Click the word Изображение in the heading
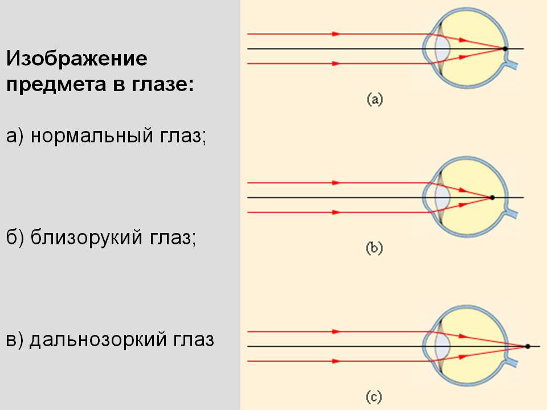tap(77, 59)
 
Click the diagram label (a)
tap(374, 100)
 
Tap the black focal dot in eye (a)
tap(505, 49)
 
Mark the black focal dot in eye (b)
tap(492, 198)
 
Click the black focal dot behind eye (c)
tap(528, 346)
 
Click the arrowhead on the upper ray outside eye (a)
tap(336, 34)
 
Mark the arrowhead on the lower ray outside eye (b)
tap(336, 212)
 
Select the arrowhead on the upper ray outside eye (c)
tap(336, 331)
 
